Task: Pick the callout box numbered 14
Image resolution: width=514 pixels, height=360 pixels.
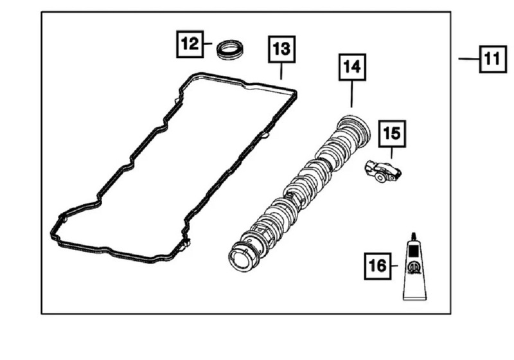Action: [351, 66]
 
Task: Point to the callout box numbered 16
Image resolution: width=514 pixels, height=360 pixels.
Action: [377, 265]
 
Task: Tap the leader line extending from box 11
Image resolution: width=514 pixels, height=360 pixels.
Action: [468, 59]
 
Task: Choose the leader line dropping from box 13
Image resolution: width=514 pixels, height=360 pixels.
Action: [281, 71]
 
